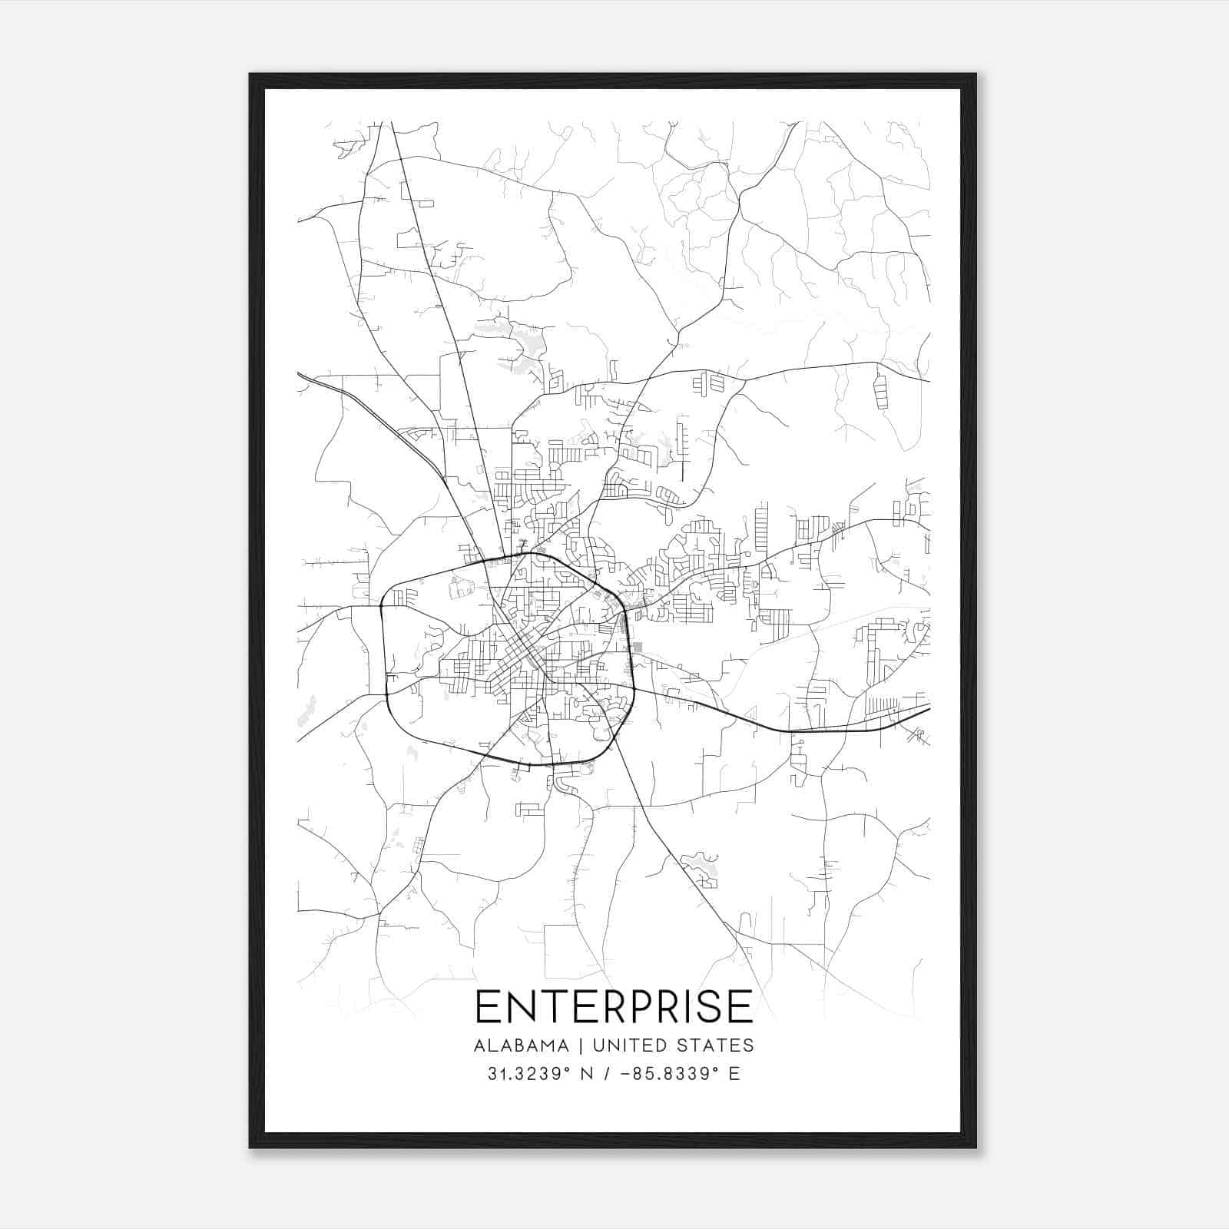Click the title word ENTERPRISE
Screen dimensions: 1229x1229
[x=614, y=1006]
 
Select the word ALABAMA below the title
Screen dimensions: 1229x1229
[x=521, y=1045]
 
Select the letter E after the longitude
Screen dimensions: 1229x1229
[x=734, y=1074]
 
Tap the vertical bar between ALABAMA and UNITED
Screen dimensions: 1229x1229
[x=581, y=1045]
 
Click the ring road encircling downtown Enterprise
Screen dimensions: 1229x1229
[x=384, y=653]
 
